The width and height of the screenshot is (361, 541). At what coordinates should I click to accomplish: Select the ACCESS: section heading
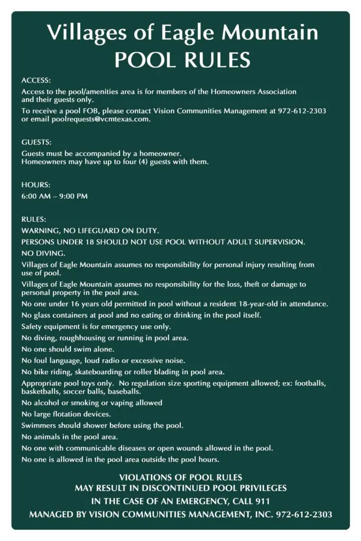[x=36, y=80]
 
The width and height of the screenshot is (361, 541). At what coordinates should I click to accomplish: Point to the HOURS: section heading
[x=36, y=185]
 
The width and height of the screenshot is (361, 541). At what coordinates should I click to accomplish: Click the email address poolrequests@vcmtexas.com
[x=101, y=119]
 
